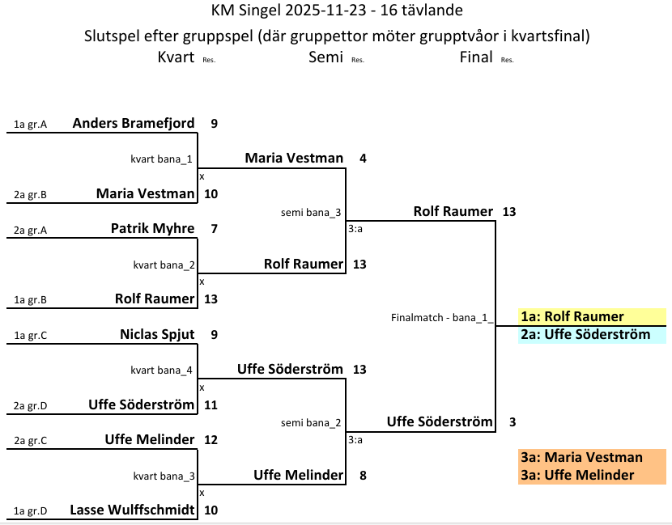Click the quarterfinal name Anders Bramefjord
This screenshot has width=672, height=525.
point(134,124)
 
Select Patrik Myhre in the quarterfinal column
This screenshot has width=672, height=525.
point(152,229)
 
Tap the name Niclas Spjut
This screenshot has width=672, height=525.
point(157,334)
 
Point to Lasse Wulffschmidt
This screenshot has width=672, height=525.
point(133,510)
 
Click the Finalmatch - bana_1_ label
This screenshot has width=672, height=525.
point(442,318)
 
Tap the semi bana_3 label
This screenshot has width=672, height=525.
point(311,212)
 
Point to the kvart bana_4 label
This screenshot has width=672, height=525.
point(162,370)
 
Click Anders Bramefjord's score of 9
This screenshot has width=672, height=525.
point(214,124)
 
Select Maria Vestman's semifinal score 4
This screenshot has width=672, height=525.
point(363,159)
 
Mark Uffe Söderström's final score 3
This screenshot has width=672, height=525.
point(513,422)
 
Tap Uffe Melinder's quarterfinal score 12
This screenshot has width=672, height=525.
point(211,440)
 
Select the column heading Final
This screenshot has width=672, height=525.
point(475,57)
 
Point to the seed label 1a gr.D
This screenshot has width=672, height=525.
point(31,511)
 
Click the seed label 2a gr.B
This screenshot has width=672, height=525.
point(31,195)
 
